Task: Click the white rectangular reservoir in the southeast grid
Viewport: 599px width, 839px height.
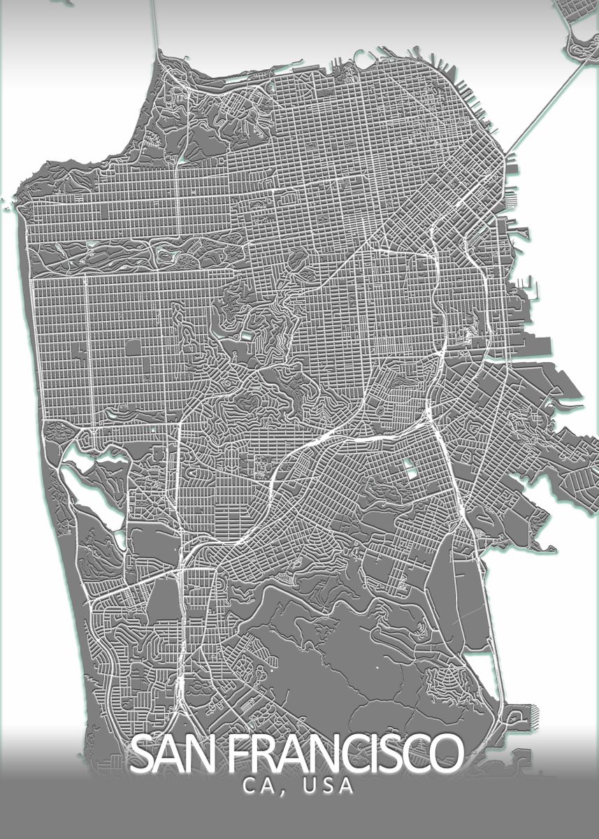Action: pyautogui.click(x=412, y=473)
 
